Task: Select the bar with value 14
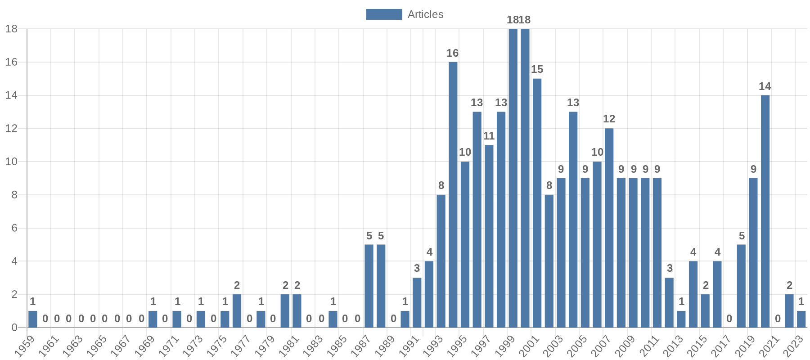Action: [x=765, y=211]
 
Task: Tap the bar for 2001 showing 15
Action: [x=537, y=203]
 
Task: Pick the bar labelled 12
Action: [x=609, y=228]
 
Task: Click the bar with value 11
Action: [x=489, y=236]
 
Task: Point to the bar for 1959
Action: [x=33, y=319]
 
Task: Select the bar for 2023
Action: [x=801, y=319]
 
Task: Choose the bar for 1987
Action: [x=369, y=286]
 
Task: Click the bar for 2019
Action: [x=753, y=252]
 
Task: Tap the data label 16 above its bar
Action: [x=452, y=53]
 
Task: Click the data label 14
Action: [x=765, y=86]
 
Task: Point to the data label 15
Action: [x=537, y=69]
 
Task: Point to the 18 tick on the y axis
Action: [x=11, y=29]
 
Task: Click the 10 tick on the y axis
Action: [x=11, y=162]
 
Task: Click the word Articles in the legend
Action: [x=425, y=14]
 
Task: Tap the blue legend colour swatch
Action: [x=384, y=14]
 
